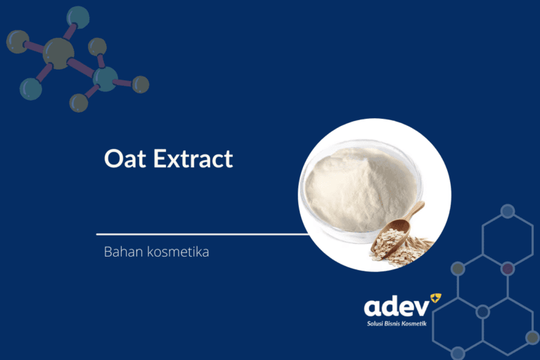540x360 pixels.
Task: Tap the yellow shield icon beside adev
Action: [435, 299]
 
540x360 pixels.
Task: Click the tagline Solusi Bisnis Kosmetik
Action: [397, 324]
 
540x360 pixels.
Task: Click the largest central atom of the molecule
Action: [58, 53]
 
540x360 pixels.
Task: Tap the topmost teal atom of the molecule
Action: [77, 17]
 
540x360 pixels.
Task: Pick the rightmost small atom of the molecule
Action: [141, 84]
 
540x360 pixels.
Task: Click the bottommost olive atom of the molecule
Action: [79, 103]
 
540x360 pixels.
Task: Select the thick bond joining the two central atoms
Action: [82, 67]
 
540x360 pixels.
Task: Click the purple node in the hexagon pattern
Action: [507, 269]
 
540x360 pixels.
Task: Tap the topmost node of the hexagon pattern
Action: [507, 211]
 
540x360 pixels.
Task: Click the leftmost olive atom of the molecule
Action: [18, 41]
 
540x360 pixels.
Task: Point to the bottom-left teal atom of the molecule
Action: [30, 89]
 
